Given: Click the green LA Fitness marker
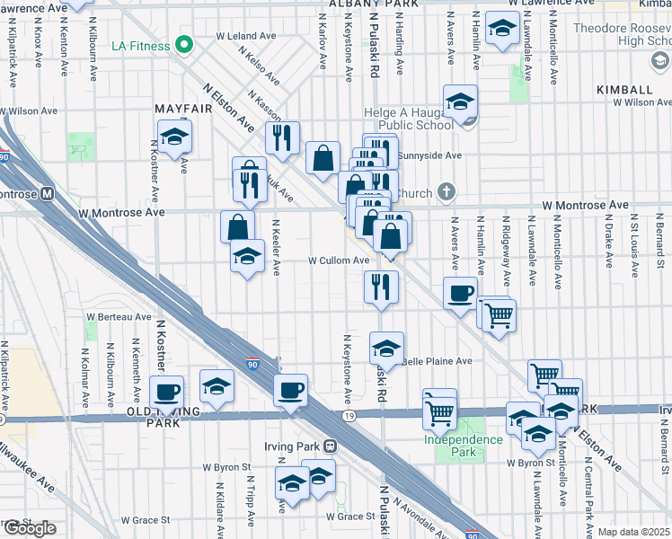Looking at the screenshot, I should pyautogui.click(x=185, y=43).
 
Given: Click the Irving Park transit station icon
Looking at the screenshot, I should pyautogui.click(x=331, y=446).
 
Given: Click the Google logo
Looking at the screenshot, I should pyautogui.click(x=30, y=528).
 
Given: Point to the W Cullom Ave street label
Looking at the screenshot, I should pyautogui.click(x=339, y=261).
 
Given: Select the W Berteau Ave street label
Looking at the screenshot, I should pyautogui.click(x=119, y=317).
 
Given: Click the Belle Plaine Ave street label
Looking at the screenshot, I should pyautogui.click(x=440, y=361).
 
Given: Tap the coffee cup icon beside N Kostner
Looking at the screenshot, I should pyautogui.click(x=167, y=392).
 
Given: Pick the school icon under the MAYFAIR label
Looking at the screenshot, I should pyautogui.click(x=173, y=137).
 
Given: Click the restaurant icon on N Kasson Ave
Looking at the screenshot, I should pyautogui.click(x=282, y=137).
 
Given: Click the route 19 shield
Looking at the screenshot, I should pyautogui.click(x=347, y=416).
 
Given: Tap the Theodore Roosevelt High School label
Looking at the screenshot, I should pyautogui.click(x=621, y=35).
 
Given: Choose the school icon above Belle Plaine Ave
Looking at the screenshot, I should pyautogui.click(x=386, y=348).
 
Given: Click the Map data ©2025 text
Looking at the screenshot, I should pyautogui.click(x=634, y=532).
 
